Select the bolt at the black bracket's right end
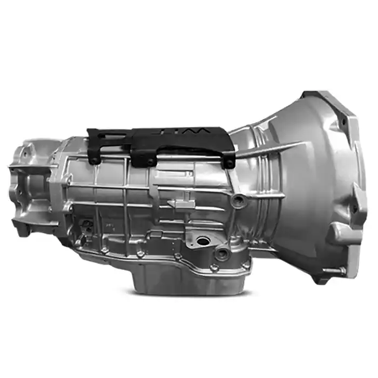click(230, 162)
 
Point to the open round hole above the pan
click(204, 240)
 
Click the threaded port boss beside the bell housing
click(237, 201)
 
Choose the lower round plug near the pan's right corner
click(221, 252)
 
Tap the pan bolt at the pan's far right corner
click(246, 265)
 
